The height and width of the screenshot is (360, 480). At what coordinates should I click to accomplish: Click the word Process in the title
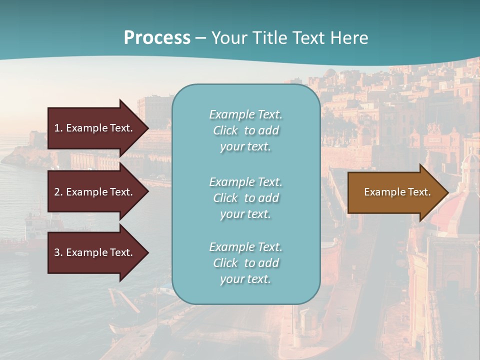[157, 38]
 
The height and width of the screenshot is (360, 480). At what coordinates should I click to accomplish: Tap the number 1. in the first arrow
[58, 128]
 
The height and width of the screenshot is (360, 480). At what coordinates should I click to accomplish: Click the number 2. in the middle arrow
[58, 192]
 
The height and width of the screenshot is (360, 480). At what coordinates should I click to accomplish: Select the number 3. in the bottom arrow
[58, 252]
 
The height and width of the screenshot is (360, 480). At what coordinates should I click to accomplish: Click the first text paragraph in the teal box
[245, 130]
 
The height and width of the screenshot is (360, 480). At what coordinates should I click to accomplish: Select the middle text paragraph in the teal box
[245, 198]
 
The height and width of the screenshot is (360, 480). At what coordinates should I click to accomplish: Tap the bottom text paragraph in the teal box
[245, 263]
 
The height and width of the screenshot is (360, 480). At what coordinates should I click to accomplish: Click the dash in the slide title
[201, 38]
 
